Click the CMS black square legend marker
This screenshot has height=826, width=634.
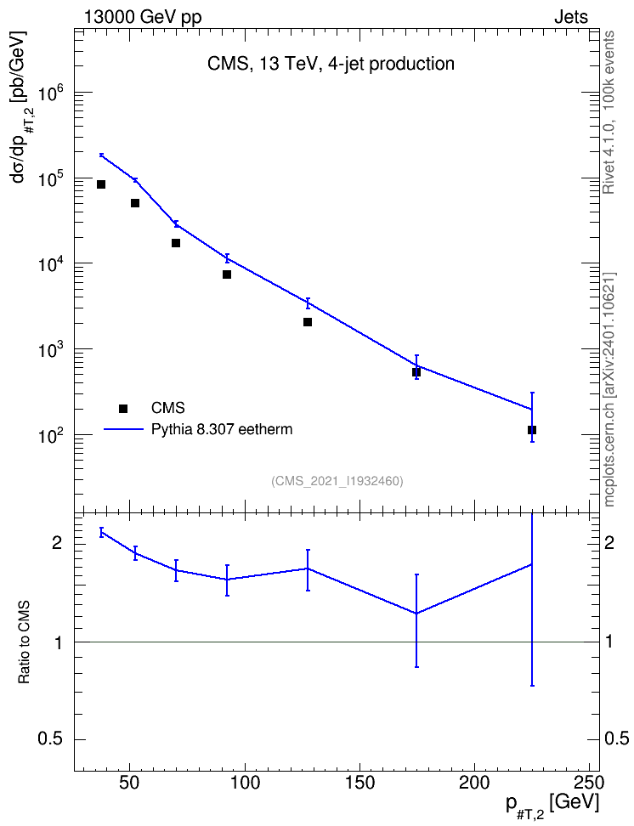[123, 408]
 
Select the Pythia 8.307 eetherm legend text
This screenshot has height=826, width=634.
[221, 429]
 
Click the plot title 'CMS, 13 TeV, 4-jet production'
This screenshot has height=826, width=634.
[331, 64]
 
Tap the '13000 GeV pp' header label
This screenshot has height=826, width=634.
[142, 17]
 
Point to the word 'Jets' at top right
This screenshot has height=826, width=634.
[571, 17]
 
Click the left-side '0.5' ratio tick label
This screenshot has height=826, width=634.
[51, 739]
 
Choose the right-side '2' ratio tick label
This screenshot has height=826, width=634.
[609, 542]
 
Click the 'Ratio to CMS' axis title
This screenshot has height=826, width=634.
[24, 642]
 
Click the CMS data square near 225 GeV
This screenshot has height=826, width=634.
[532, 430]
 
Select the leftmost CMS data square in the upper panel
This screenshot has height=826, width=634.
[101, 184]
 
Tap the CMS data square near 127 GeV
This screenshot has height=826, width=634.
[308, 322]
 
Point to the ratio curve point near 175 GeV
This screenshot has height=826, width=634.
[416, 614]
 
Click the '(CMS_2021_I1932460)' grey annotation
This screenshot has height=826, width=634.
[337, 481]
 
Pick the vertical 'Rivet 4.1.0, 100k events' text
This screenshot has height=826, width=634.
[609, 112]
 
